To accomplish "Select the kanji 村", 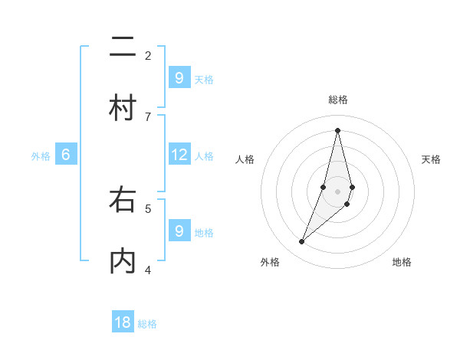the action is [x=123, y=108].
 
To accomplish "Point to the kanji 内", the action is [x=123, y=261].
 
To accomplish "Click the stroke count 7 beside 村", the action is [x=148, y=116].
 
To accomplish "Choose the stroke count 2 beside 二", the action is [x=148, y=55].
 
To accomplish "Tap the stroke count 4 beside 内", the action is [x=148, y=270].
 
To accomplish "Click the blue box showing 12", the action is [x=179, y=155].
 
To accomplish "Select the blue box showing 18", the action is [x=123, y=322].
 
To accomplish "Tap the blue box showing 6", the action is [x=66, y=155].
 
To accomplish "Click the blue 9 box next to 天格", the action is [x=179, y=77].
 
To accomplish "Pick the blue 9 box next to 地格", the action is [x=179, y=231].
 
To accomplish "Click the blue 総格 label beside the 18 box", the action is [x=147, y=324].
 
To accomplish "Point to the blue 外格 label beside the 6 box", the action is [x=41, y=156].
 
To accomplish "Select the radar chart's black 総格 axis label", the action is [x=338, y=100].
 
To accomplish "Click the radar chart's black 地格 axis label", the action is [x=402, y=263].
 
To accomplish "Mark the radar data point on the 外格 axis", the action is [x=302, y=242].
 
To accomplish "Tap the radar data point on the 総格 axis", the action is [x=338, y=129].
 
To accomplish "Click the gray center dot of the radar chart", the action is [x=338, y=191].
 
